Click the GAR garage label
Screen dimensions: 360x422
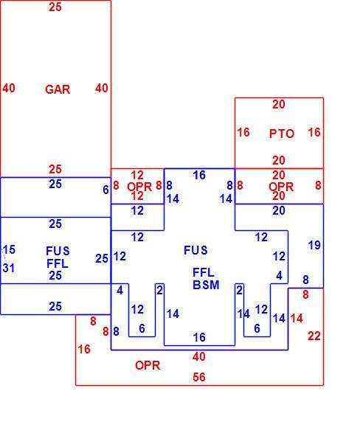pyautogui.click(x=58, y=89)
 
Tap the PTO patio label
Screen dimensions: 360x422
pyautogui.click(x=282, y=134)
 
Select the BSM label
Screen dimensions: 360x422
pyautogui.click(x=206, y=285)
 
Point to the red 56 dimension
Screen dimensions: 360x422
pyautogui.click(x=199, y=377)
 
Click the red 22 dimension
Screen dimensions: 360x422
pyautogui.click(x=314, y=336)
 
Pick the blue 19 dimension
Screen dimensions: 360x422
pyautogui.click(x=314, y=245)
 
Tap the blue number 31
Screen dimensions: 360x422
pyautogui.click(x=9, y=268)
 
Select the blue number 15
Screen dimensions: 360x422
pyautogui.click(x=9, y=250)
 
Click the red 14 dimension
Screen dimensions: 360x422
pyautogui.click(x=297, y=319)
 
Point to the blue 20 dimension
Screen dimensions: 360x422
pyautogui.click(x=279, y=210)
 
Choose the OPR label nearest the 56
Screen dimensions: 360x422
pyautogui.click(x=148, y=365)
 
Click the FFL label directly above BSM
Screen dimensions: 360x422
pyautogui.click(x=204, y=273)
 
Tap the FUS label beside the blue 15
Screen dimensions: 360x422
pyautogui.click(x=58, y=251)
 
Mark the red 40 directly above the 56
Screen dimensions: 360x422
pyautogui.click(x=199, y=356)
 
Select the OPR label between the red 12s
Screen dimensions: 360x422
pyautogui.click(x=139, y=187)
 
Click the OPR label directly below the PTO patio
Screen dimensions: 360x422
pyautogui.click(x=281, y=187)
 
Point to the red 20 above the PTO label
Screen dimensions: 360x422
pyautogui.click(x=279, y=104)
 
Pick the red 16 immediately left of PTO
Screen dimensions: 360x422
pyautogui.click(x=243, y=132)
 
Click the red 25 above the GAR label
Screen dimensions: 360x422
pyautogui.click(x=55, y=7)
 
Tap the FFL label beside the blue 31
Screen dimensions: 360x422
pyautogui.click(x=58, y=263)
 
